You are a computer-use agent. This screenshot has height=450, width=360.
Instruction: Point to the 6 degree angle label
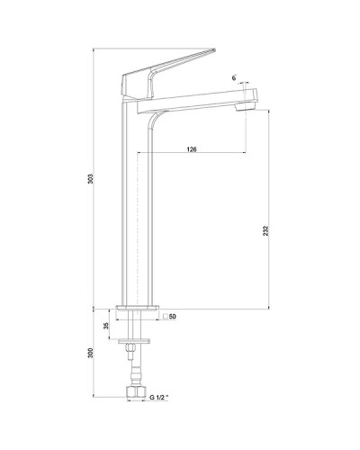point(234,80)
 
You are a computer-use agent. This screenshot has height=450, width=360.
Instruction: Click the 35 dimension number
point(106,325)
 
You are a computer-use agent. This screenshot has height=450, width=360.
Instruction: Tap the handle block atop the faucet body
point(132,82)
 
